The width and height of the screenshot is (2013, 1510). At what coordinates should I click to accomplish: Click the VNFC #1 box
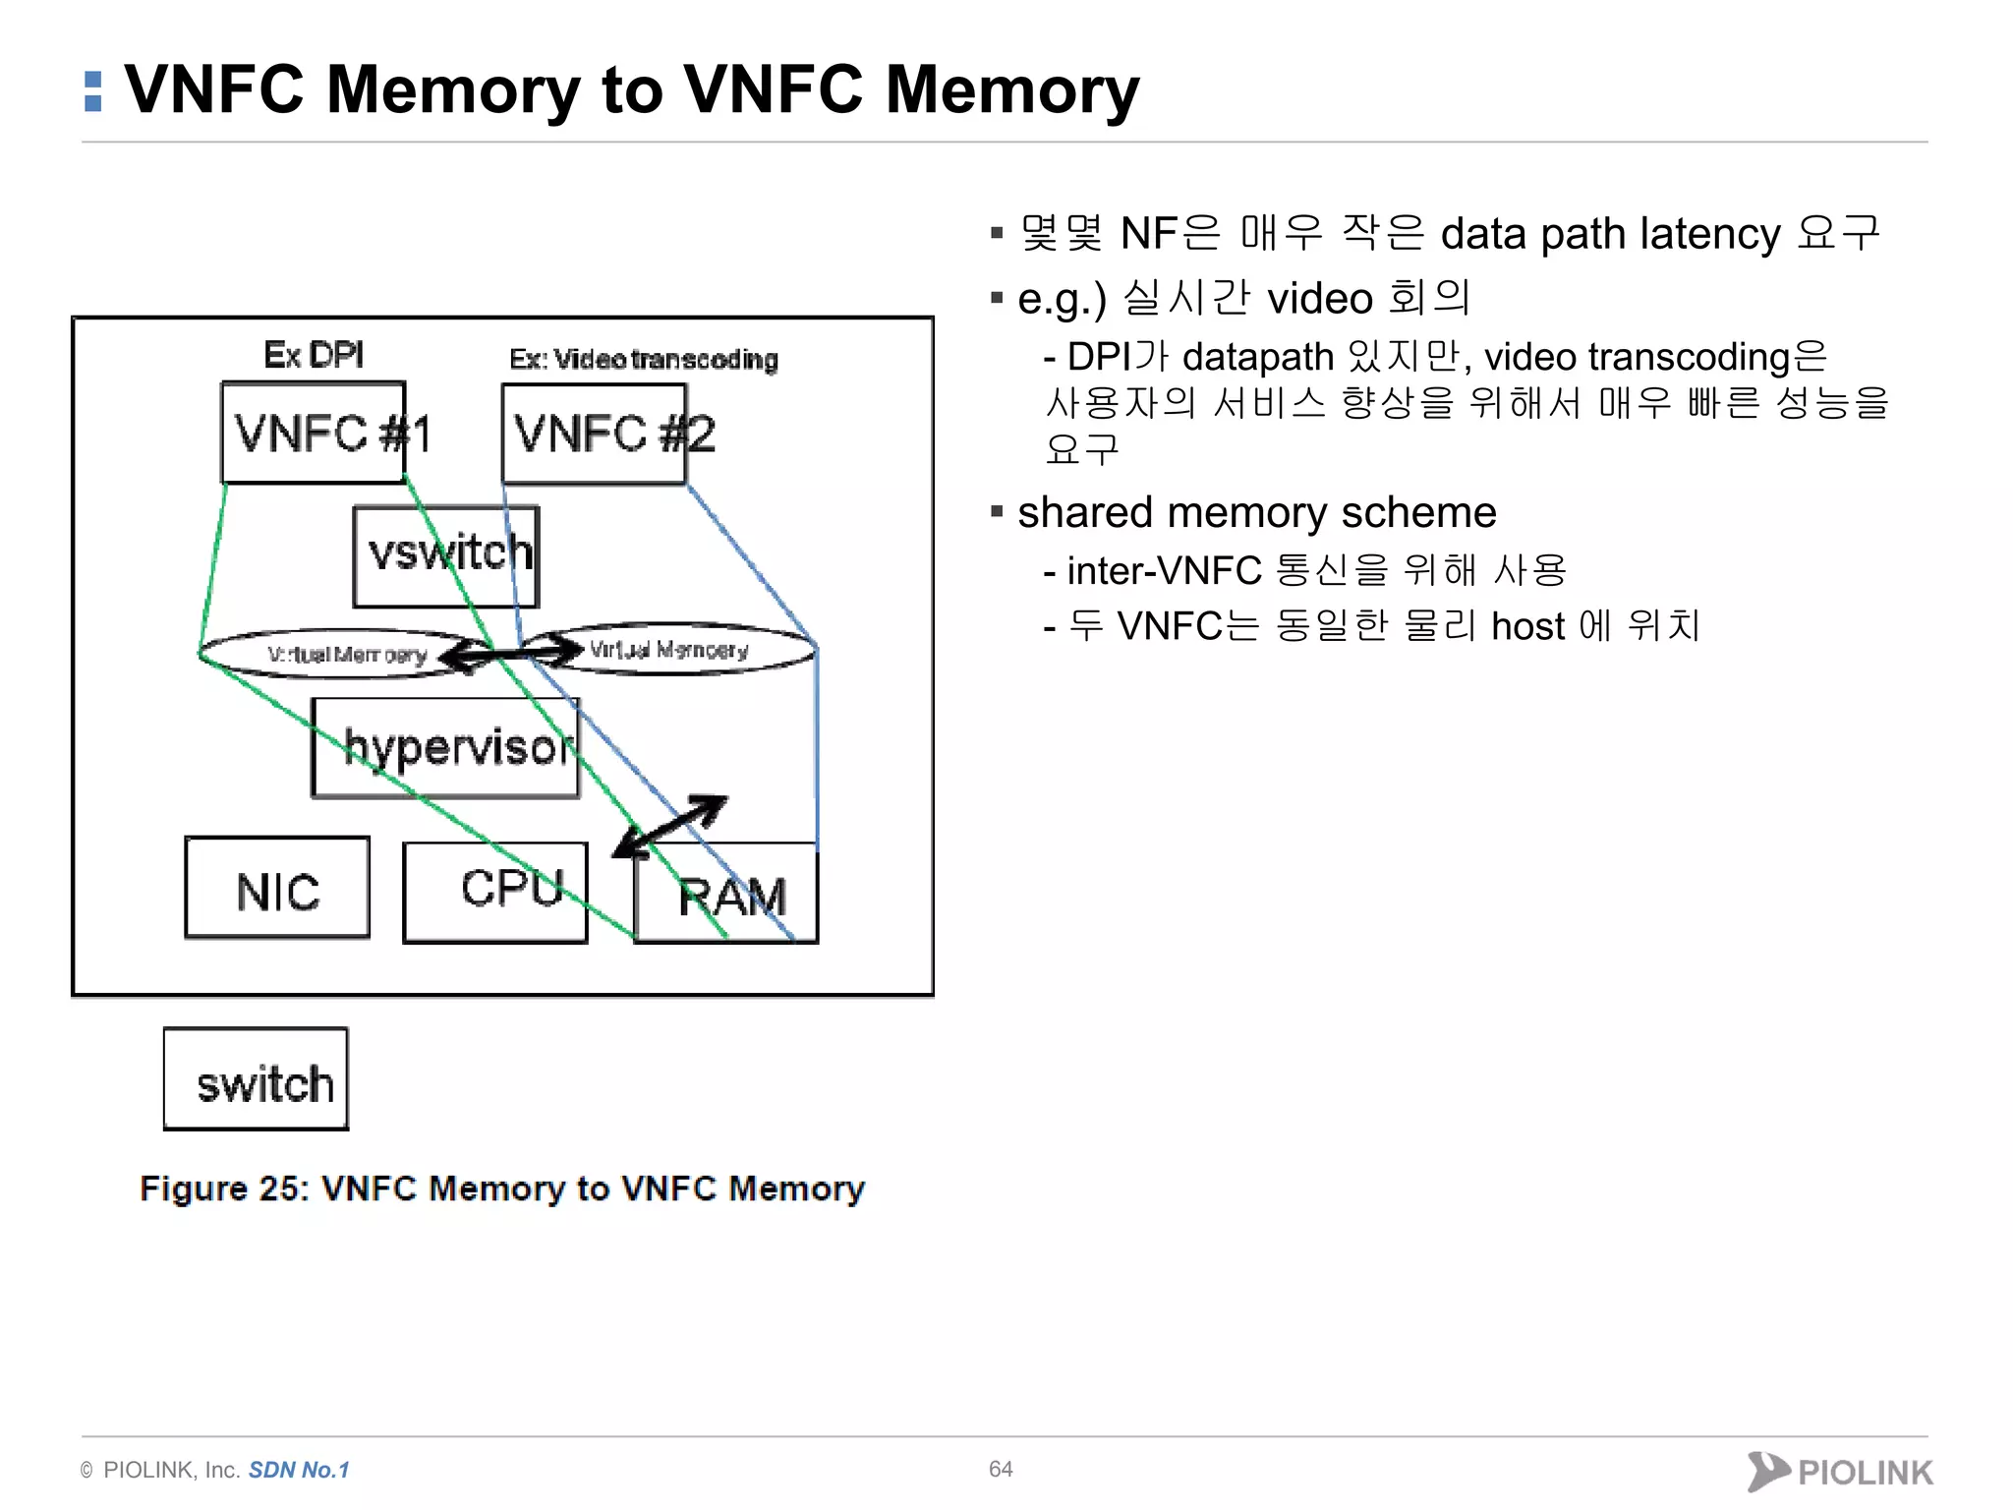coord(313,433)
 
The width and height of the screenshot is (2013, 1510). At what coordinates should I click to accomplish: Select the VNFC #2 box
coord(594,434)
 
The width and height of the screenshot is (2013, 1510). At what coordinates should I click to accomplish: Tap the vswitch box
coord(445,556)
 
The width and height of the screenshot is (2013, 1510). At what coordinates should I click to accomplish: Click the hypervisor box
coord(445,748)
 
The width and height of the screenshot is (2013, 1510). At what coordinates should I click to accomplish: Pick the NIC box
coord(277,889)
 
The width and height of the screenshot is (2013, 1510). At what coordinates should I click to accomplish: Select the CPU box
coord(494,893)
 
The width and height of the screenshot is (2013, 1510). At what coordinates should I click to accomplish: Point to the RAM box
coord(727,895)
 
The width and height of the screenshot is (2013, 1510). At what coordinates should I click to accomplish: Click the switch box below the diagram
coord(256,1079)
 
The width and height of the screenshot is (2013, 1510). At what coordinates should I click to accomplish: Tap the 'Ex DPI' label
coord(314,355)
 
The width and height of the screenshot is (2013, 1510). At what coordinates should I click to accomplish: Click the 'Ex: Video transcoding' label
coord(643,360)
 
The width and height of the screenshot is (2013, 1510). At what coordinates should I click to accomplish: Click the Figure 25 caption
coord(501,1189)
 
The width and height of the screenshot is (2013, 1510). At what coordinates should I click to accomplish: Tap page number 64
coord(1001,1469)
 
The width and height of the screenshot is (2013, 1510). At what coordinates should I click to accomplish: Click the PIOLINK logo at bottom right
coord(1840,1472)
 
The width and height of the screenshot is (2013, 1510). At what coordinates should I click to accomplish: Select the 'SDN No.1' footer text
coord(299,1470)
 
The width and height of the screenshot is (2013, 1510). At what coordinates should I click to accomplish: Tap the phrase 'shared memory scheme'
coord(1256,512)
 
